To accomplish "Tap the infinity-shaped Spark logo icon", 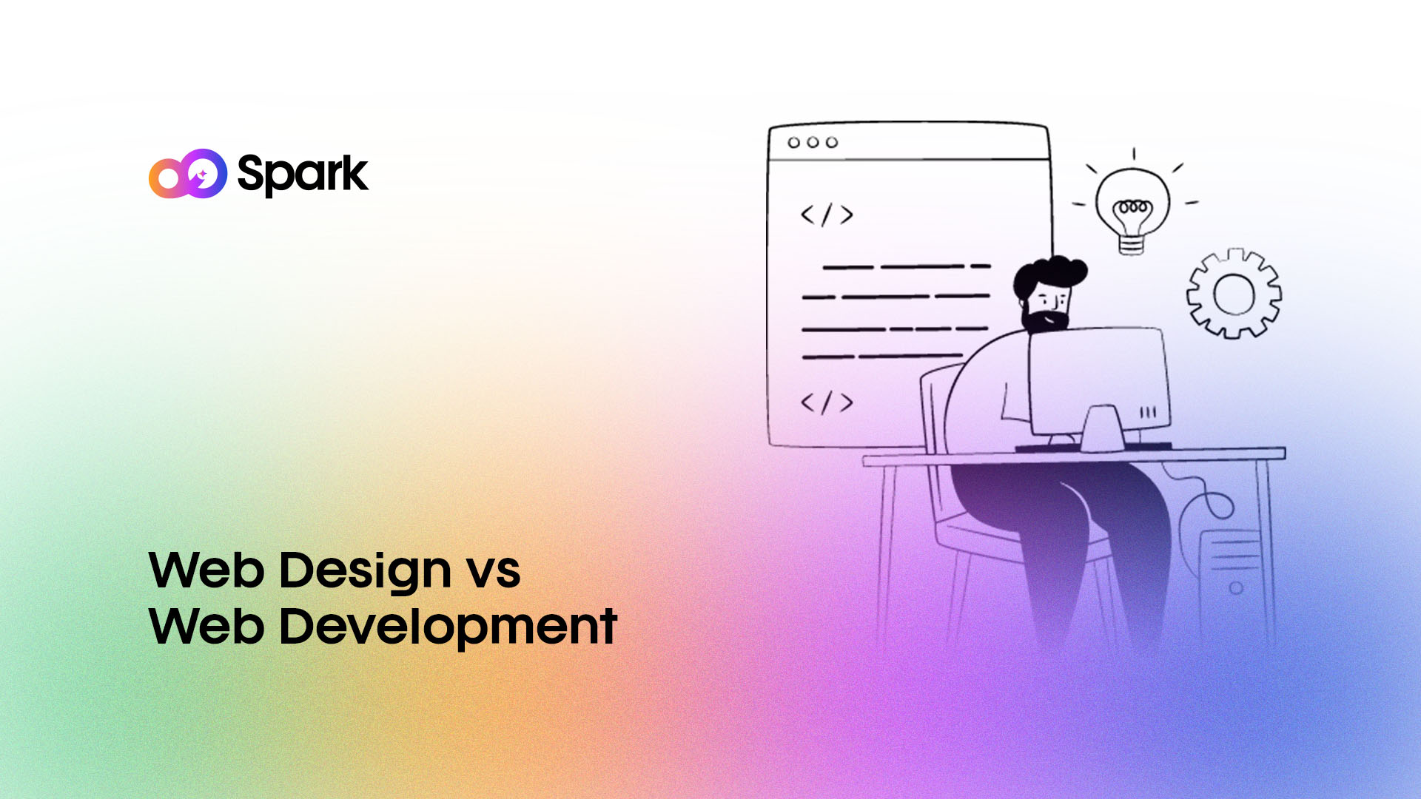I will click(188, 174).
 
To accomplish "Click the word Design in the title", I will click(366, 571).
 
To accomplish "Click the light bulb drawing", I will click(1132, 203).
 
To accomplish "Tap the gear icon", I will click(1234, 294).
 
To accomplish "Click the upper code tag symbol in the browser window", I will click(827, 215).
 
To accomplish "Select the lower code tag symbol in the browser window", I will click(827, 402).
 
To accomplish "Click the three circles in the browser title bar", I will click(813, 142).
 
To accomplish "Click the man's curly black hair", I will click(1049, 274).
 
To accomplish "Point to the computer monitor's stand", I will click(1102, 429).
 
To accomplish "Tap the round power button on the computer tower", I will click(1236, 588).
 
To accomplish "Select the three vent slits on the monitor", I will click(1148, 413).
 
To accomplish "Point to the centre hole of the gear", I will click(1234, 294).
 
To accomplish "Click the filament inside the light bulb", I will click(1133, 207).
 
